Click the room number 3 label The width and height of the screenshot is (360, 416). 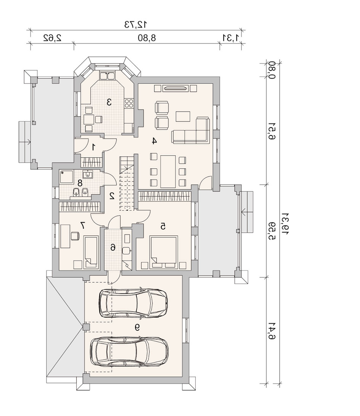(x=109, y=102)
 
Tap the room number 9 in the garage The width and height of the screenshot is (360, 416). (x=137, y=328)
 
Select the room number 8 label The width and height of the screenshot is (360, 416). (x=80, y=183)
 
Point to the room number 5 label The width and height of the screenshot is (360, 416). (x=163, y=226)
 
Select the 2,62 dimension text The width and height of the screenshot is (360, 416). (x=53, y=38)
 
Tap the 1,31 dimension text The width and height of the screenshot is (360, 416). (x=232, y=38)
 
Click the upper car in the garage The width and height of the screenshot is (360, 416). (x=133, y=303)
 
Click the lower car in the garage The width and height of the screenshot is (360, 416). (x=129, y=352)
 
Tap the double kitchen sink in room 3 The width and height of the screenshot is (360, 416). (x=107, y=76)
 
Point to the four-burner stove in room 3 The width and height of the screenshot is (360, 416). (x=129, y=103)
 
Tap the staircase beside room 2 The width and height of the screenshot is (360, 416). (x=126, y=183)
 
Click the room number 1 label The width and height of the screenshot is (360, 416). (x=93, y=147)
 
